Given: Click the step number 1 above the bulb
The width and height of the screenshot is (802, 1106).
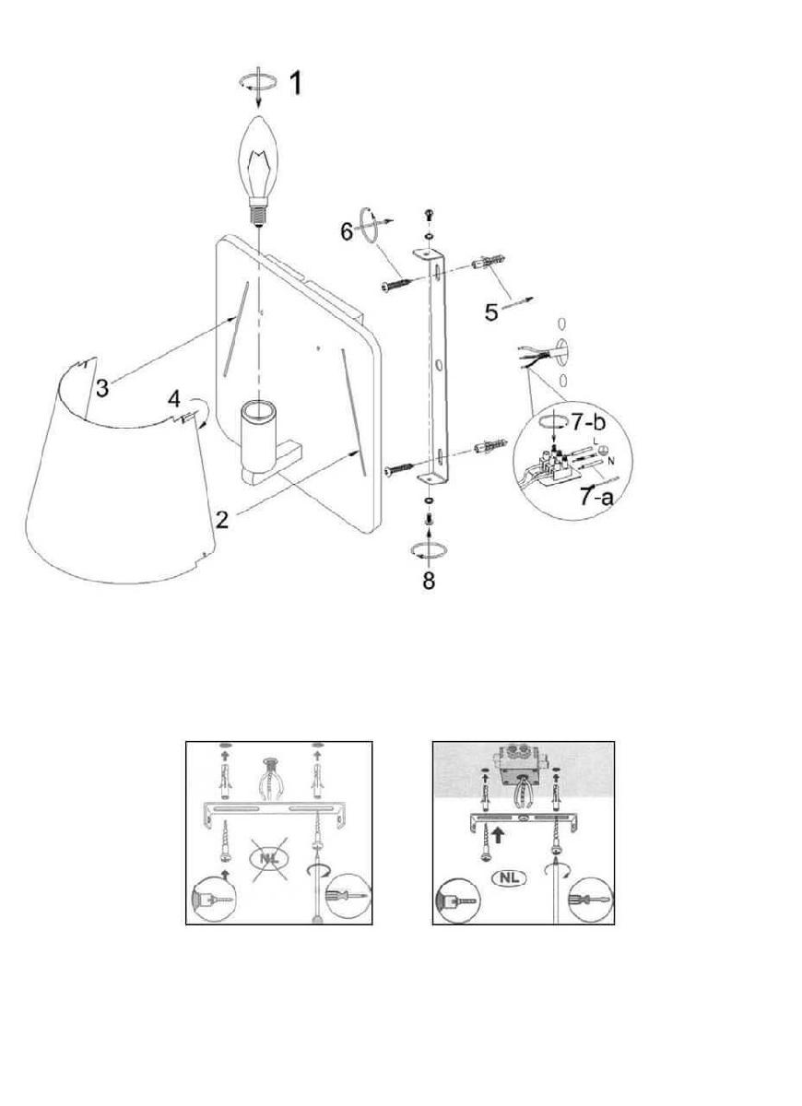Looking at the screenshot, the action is [x=295, y=83].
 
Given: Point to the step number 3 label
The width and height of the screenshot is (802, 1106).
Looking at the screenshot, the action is [x=101, y=388].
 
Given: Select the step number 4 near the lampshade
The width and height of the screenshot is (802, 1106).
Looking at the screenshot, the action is [x=174, y=399].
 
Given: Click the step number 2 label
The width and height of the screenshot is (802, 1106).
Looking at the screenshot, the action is [x=222, y=520].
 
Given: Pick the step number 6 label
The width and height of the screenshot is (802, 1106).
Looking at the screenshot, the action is [x=348, y=231].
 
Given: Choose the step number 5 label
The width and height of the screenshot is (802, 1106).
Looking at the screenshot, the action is [x=490, y=312].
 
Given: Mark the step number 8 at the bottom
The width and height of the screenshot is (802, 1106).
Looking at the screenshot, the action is [x=429, y=582].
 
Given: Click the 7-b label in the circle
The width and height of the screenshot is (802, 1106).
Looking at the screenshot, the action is [x=589, y=422].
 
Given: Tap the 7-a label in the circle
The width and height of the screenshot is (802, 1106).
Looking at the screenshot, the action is [x=596, y=496].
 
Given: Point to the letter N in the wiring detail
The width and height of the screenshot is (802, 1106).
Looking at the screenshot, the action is [x=611, y=462].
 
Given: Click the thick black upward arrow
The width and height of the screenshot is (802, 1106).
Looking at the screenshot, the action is [x=499, y=835].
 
